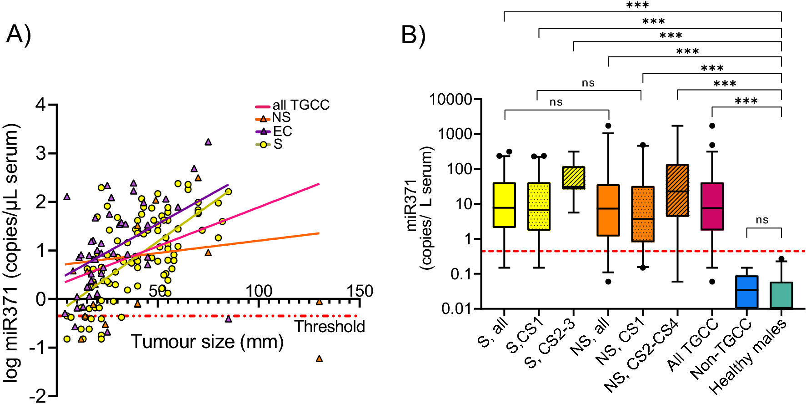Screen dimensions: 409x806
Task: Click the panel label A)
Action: tap(19, 35)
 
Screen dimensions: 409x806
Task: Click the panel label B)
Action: tap(413, 35)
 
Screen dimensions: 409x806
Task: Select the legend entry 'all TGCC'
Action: tap(300, 105)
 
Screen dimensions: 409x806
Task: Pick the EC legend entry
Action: tap(282, 131)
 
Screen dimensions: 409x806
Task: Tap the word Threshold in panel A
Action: tap(330, 327)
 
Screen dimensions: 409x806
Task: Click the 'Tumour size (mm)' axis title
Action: tap(207, 342)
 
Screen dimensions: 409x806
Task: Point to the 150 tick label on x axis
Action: tap(360, 291)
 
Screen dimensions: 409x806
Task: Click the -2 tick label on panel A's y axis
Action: tap(38, 396)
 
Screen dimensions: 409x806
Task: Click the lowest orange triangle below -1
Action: tap(319, 359)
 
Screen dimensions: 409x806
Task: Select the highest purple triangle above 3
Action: tap(208, 142)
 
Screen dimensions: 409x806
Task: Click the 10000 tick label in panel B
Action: tap(451, 99)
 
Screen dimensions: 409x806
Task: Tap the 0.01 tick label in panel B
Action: tap(456, 309)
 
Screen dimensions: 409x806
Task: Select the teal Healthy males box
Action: tap(781, 295)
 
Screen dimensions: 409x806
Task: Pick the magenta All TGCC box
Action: tap(712, 206)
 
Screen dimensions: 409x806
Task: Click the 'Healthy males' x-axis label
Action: tap(748, 357)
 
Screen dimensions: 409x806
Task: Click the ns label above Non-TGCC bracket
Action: tap(762, 220)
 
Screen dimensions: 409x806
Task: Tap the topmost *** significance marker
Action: tap(637, 5)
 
